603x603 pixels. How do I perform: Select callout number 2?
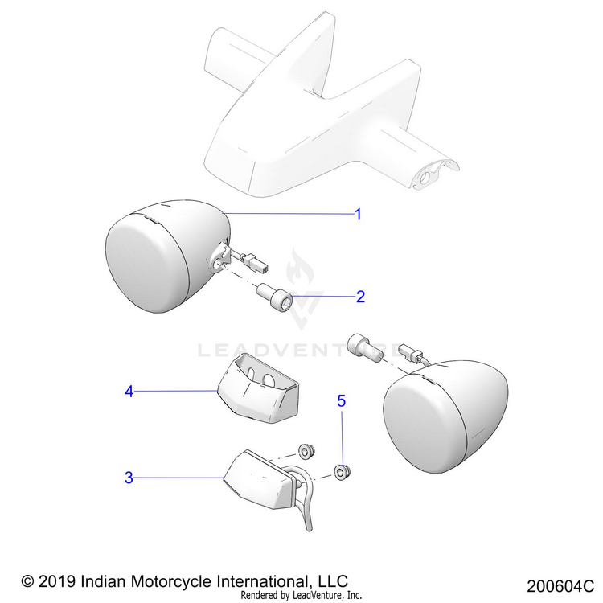[x=361, y=297]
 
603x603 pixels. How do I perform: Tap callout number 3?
[x=129, y=478]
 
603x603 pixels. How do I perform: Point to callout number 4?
[x=129, y=392]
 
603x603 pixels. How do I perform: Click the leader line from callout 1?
[x=289, y=213]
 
